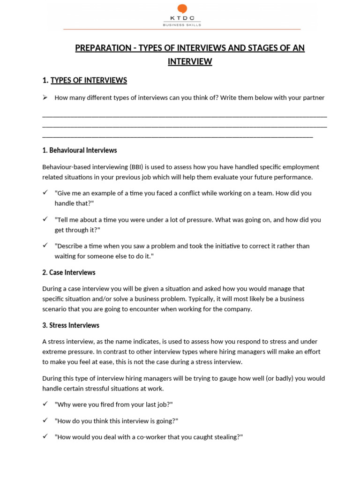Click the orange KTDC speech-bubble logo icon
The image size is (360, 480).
point(182,9)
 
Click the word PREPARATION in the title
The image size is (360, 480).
point(104,48)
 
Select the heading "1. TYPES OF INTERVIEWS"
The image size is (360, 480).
point(84,80)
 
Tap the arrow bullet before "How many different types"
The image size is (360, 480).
point(45,97)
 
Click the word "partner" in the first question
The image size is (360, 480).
point(313,97)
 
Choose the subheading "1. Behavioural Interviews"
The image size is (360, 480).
point(79,150)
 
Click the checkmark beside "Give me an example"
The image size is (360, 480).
point(45,193)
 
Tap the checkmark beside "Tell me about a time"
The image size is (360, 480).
point(45,219)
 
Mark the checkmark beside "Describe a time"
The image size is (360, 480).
point(45,245)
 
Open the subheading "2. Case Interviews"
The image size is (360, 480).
point(69,272)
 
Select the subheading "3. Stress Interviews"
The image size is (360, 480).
point(71,325)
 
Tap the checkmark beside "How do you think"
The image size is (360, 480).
point(45,420)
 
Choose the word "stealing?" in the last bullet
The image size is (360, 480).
point(227,437)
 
